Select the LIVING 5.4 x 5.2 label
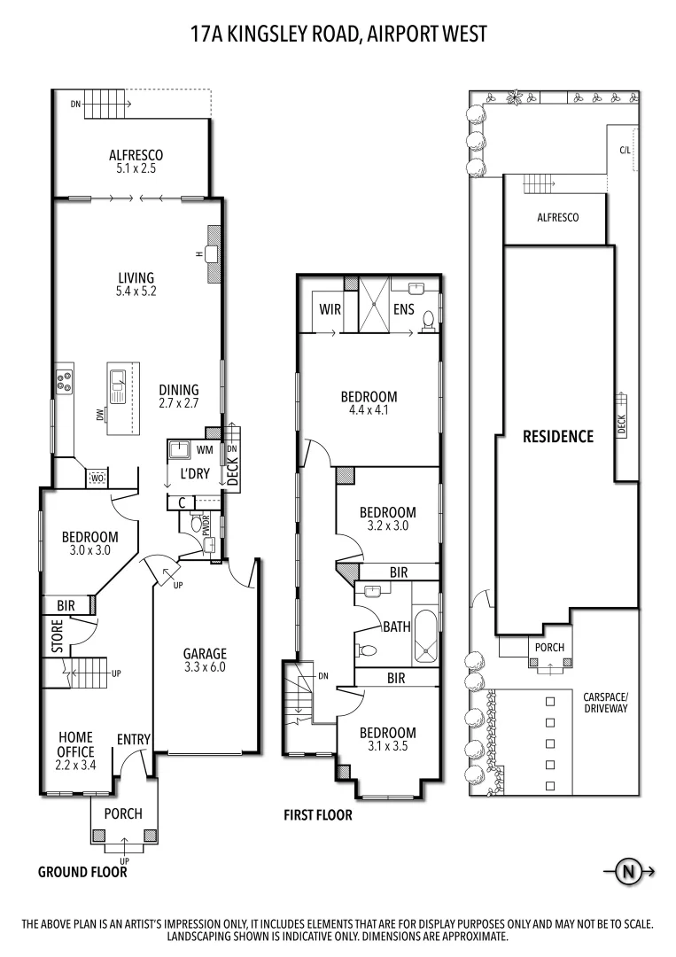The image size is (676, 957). point(136,284)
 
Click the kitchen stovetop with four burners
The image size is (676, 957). point(65,382)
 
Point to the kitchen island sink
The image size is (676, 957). point(119,383)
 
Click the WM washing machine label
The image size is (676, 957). point(204,450)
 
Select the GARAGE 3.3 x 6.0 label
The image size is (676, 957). point(205,660)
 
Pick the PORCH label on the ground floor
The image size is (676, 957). point(123,813)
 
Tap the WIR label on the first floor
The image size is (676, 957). point(330,310)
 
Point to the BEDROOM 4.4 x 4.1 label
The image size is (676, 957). point(369,403)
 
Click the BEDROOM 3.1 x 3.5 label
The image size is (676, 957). point(387,739)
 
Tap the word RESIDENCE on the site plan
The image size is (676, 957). point(557,436)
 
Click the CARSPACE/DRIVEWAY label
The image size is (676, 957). point(606,703)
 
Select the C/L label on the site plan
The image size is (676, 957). point(625,151)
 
